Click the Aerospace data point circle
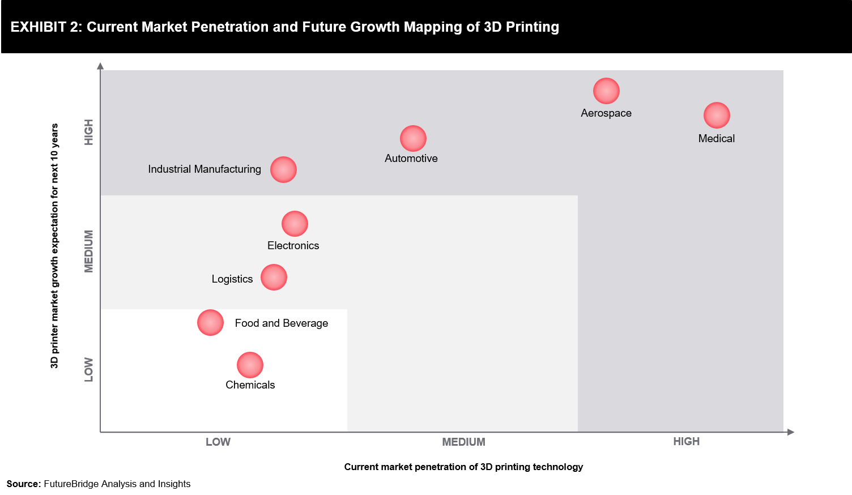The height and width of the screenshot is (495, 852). pyautogui.click(x=606, y=91)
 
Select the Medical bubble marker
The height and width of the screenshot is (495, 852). pyautogui.click(x=717, y=116)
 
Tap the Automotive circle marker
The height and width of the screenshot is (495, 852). pyautogui.click(x=413, y=139)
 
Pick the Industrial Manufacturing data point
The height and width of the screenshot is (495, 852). pyautogui.click(x=283, y=170)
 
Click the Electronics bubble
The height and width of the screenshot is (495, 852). pyautogui.click(x=295, y=224)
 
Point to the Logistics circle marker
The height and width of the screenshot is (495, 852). pyautogui.click(x=274, y=278)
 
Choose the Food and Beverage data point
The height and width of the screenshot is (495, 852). pyautogui.click(x=210, y=323)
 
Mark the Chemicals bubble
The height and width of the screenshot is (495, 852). pyautogui.click(x=250, y=365)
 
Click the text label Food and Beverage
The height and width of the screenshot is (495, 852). pyautogui.click(x=282, y=323)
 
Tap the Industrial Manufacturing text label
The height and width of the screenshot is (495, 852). pyautogui.click(x=205, y=169)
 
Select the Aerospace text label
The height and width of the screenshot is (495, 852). pyautogui.click(x=606, y=113)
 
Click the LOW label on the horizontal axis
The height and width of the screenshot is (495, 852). pyautogui.click(x=218, y=442)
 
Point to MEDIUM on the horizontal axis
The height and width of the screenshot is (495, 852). pyautogui.click(x=463, y=442)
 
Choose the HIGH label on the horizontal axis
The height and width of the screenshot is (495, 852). pyautogui.click(x=686, y=442)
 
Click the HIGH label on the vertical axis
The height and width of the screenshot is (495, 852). pyautogui.click(x=89, y=132)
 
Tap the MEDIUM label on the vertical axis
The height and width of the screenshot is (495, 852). pyautogui.click(x=89, y=251)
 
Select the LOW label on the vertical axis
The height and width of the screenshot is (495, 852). pyautogui.click(x=89, y=369)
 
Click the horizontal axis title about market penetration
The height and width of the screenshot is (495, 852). pyautogui.click(x=463, y=467)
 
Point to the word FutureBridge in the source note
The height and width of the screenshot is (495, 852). pyautogui.click(x=71, y=484)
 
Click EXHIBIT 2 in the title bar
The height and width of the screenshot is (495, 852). pyautogui.click(x=45, y=27)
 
